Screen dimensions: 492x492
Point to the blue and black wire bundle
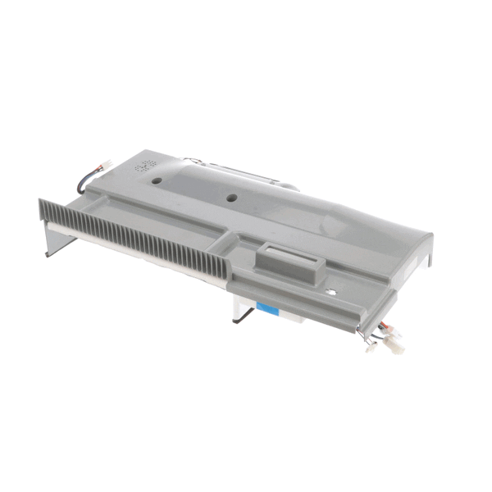(x=89, y=182)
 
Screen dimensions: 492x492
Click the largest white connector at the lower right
(x=394, y=347)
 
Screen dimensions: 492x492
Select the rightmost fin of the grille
(x=224, y=264)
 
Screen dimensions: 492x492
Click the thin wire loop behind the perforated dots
(x=192, y=160)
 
